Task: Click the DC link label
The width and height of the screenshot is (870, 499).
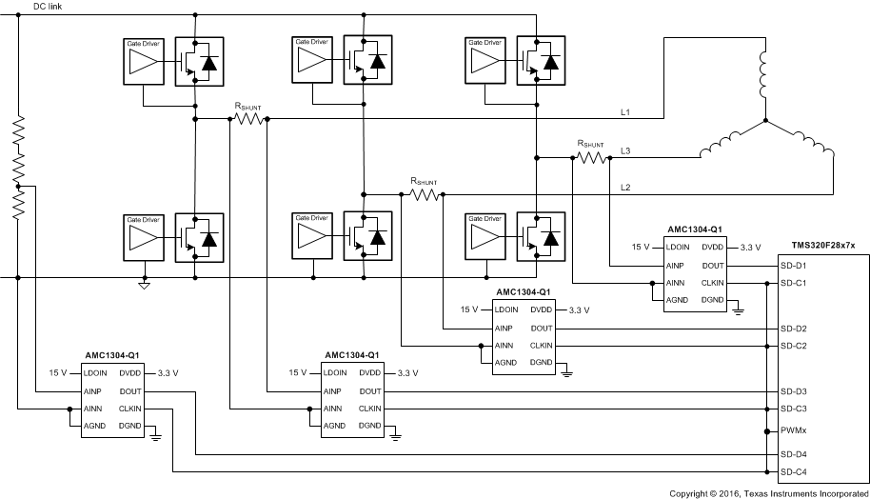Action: pyautogui.click(x=48, y=7)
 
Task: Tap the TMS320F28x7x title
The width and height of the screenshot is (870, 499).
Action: pyautogui.click(x=823, y=246)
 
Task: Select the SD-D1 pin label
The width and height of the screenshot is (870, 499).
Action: pyautogui.click(x=794, y=265)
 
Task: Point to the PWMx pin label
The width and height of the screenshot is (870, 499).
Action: pyautogui.click(x=794, y=429)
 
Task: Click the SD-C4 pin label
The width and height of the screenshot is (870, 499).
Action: pyautogui.click(x=794, y=472)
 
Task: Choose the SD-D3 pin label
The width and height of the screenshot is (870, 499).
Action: pyautogui.click(x=794, y=391)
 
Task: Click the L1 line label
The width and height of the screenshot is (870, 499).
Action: pyautogui.click(x=625, y=112)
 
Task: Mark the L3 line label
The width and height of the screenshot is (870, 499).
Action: pyautogui.click(x=625, y=150)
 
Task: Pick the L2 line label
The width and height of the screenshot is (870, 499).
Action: pyautogui.click(x=625, y=187)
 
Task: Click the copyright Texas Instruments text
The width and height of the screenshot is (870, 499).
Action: pyautogui.click(x=767, y=493)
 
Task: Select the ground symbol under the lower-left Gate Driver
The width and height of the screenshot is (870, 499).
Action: pyautogui.click(x=144, y=284)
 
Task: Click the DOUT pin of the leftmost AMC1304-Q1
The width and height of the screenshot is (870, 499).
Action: pyautogui.click(x=130, y=391)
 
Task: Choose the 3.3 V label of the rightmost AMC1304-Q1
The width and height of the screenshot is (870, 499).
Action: pyautogui.click(x=751, y=247)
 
